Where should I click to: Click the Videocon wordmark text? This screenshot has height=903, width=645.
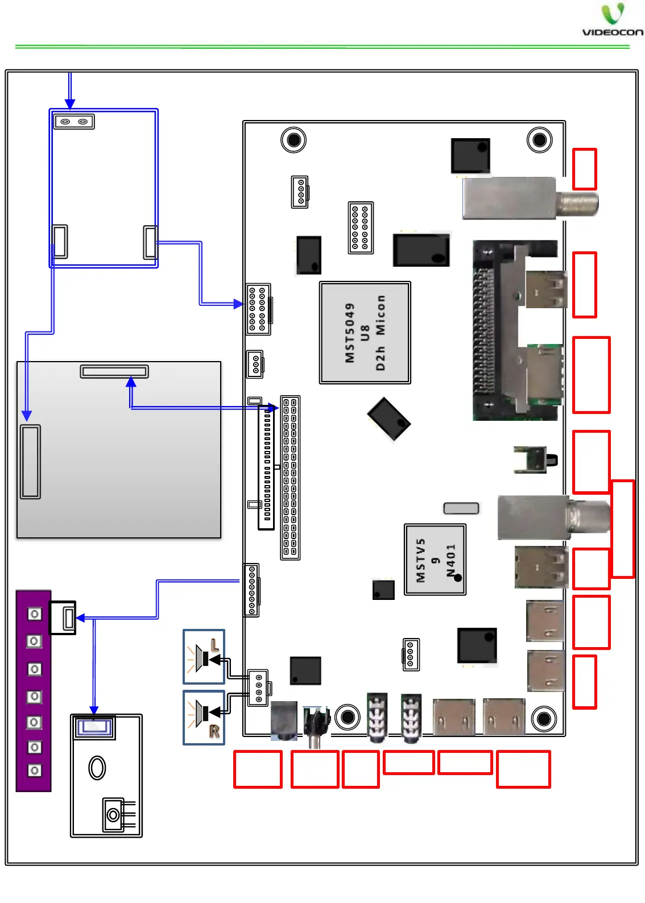tap(613, 32)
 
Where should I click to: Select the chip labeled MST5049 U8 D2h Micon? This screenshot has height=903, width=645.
tap(365, 333)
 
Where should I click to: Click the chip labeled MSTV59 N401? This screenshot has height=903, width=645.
tap(435, 560)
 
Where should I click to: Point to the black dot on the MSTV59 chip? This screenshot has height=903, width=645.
tap(457, 578)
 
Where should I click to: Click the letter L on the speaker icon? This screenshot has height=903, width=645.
tap(214, 645)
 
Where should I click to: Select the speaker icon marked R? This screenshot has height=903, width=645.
tap(204, 717)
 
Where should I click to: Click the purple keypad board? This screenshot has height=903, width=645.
tap(34, 691)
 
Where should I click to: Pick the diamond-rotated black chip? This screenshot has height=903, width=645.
tap(388, 419)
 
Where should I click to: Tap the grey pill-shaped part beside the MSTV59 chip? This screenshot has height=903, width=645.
tap(461, 508)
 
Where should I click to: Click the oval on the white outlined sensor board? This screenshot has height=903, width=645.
tap(97, 768)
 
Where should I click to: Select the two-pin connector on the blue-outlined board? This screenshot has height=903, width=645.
tap(74, 121)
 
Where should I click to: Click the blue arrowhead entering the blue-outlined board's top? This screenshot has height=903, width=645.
tap(69, 103)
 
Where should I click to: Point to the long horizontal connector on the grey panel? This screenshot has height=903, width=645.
tap(114, 371)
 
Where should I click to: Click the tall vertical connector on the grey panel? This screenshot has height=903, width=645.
tap(30, 461)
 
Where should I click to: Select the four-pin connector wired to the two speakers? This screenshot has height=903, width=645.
tap(258, 688)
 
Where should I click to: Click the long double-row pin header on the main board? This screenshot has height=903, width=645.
tap(290, 478)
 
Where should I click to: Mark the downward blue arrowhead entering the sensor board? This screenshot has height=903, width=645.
tap(94, 710)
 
